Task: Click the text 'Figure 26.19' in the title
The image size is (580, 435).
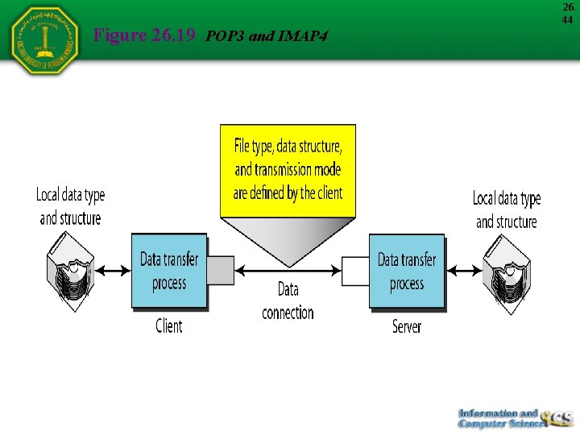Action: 146,35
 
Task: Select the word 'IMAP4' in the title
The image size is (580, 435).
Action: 303,35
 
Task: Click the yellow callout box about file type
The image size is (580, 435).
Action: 288,170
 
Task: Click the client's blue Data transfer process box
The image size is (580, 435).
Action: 169,271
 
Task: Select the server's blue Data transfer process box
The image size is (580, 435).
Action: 406,271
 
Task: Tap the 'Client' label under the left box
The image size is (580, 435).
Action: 169,326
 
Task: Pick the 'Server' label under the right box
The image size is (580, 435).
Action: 406,326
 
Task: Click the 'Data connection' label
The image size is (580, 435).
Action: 288,300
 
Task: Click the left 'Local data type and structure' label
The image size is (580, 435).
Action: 71,206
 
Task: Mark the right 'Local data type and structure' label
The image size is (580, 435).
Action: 506,209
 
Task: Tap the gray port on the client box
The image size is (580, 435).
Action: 221,271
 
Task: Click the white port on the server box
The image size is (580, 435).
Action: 355,271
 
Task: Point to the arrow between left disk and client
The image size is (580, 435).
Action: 113,271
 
